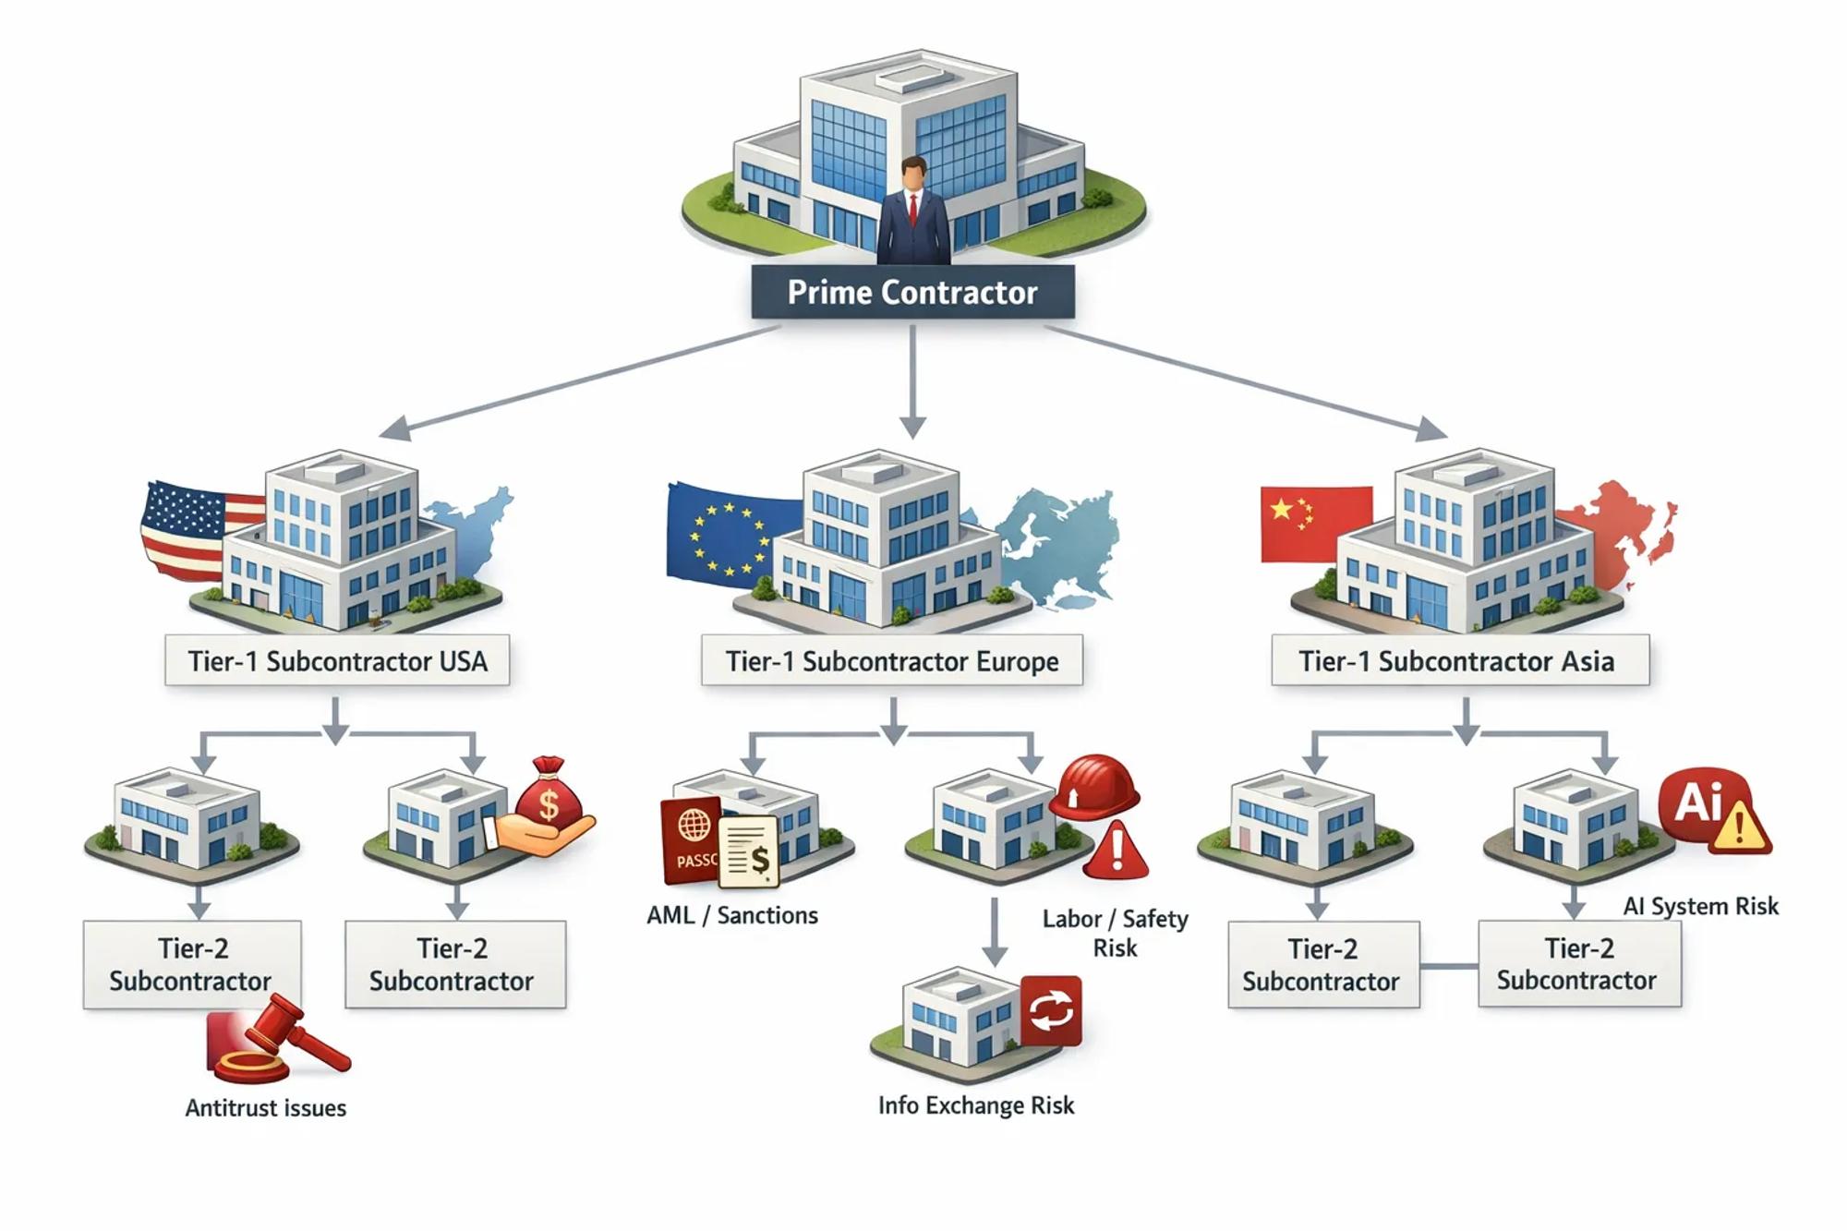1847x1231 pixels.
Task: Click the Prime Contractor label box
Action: coord(912,292)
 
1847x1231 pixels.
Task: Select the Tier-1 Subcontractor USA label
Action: coord(337,660)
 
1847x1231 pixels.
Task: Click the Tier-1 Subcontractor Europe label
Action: coord(891,660)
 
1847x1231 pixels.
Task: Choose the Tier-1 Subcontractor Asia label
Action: coord(1459,660)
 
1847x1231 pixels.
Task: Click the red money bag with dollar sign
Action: coord(549,794)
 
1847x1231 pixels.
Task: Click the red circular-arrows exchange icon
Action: coord(1051,1009)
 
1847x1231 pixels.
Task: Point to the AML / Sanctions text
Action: coord(732,915)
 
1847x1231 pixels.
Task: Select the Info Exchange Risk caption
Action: coord(976,1105)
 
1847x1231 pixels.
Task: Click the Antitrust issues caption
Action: coord(266,1107)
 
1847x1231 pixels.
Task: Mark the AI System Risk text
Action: coord(1700,906)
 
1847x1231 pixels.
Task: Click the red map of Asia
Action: coord(1621,531)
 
